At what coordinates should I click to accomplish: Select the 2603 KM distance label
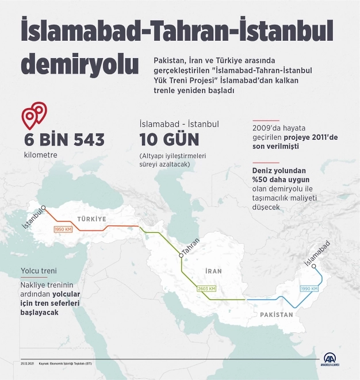[x=207, y=289]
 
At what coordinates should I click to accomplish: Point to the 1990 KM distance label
[x=308, y=288]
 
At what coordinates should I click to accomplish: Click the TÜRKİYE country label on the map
[x=92, y=219]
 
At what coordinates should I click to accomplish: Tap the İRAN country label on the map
[x=213, y=270]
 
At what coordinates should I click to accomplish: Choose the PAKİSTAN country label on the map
[x=276, y=315]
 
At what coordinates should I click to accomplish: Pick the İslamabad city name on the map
[x=317, y=253]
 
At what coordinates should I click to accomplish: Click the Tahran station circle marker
[x=181, y=254]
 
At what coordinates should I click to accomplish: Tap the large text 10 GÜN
[x=169, y=140]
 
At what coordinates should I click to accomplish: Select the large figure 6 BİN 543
[x=64, y=140]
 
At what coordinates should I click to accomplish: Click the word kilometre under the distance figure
[x=41, y=155]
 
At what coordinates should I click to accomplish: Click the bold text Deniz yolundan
[x=281, y=171]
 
